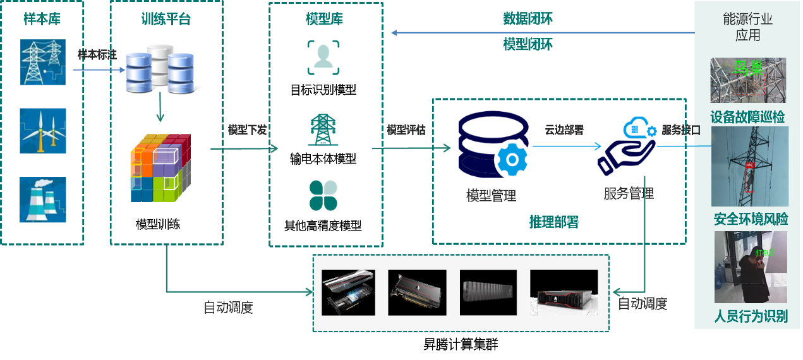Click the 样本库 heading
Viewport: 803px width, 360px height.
tap(42, 19)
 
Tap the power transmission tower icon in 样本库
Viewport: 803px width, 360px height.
tap(42, 63)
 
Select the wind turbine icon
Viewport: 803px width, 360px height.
tap(42, 131)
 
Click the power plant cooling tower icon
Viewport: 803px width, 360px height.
tap(42, 200)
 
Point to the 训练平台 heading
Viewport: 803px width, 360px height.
tap(166, 19)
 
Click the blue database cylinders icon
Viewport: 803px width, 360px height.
tap(159, 68)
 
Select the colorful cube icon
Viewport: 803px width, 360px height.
tap(160, 168)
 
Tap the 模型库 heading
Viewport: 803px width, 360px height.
tap(325, 19)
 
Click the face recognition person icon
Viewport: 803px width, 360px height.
tap(323, 57)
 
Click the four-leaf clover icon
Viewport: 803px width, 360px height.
tap(323, 195)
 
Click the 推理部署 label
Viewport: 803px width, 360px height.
tap(553, 222)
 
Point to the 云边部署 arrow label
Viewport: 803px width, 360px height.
tap(564, 130)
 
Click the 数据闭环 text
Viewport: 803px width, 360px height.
tap(528, 18)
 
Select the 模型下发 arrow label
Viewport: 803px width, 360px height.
tap(247, 130)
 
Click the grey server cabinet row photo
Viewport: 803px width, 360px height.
tap(488, 292)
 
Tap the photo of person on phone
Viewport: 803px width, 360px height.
tap(751, 267)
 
